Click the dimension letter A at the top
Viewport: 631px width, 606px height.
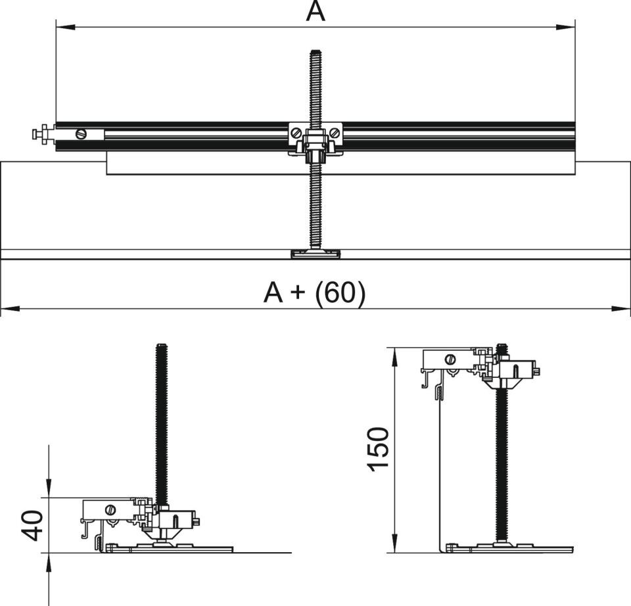(315, 11)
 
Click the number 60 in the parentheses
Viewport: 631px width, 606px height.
(340, 293)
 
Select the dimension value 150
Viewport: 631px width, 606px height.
(379, 448)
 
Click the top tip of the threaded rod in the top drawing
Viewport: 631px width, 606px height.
(315, 52)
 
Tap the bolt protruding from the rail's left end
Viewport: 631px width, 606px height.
(41, 135)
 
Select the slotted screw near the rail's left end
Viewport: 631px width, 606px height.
(81, 133)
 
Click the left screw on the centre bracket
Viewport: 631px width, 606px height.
(297, 133)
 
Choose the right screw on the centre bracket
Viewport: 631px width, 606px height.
(335, 133)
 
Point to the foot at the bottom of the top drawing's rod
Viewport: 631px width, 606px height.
(315, 254)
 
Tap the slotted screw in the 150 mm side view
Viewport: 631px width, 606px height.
(450, 359)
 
